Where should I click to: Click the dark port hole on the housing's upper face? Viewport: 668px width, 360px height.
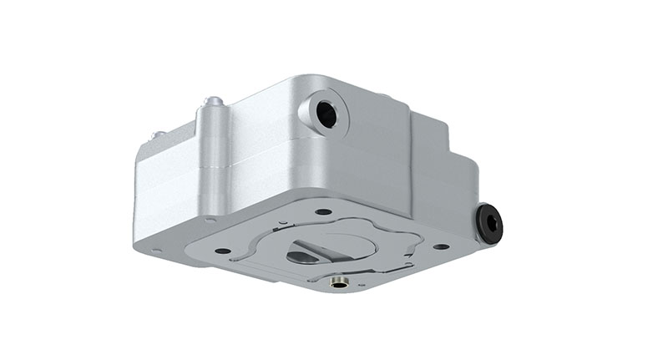(x=326, y=115)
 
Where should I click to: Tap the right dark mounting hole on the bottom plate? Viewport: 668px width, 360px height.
(x=440, y=247)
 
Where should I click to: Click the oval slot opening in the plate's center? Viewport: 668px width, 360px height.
(x=302, y=256)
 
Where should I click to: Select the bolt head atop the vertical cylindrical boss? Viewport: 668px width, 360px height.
(x=215, y=102)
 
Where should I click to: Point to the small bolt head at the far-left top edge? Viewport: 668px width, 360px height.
(x=154, y=134)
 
